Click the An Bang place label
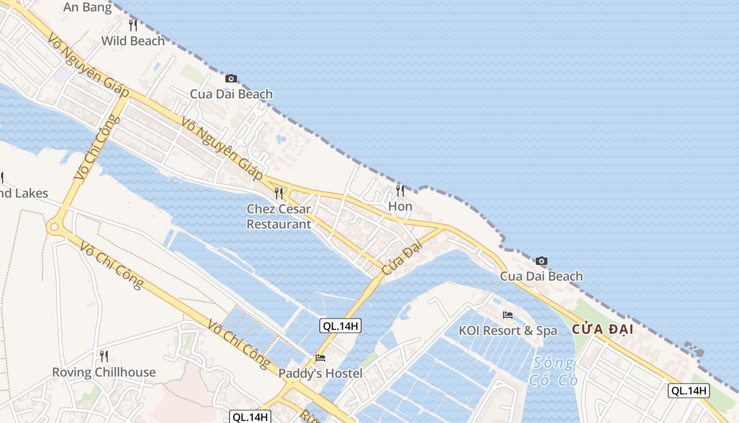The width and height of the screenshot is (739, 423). (x=88, y=7)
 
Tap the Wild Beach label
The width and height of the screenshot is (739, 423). (x=133, y=41)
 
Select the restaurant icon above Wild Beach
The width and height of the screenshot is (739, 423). (x=133, y=25)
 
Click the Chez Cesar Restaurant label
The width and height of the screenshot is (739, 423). (x=279, y=217)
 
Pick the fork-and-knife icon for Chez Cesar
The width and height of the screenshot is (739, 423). (x=279, y=193)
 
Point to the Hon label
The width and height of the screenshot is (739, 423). (x=400, y=206)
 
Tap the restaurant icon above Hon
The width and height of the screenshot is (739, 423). (x=400, y=190)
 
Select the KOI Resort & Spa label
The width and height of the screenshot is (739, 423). (x=508, y=331)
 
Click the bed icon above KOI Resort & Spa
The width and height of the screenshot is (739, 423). (x=508, y=315)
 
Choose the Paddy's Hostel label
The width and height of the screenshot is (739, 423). (x=320, y=374)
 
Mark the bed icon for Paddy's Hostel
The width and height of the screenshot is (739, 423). (x=320, y=358)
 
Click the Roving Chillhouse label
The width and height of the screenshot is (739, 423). (x=104, y=372)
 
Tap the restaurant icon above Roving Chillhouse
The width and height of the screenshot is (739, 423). (x=104, y=356)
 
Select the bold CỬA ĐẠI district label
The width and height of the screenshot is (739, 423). (x=602, y=330)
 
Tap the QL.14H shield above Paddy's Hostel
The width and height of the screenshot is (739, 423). (x=340, y=326)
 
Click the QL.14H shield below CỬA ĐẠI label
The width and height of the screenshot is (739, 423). (x=689, y=391)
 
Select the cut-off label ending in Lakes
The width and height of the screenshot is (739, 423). (x=23, y=194)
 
